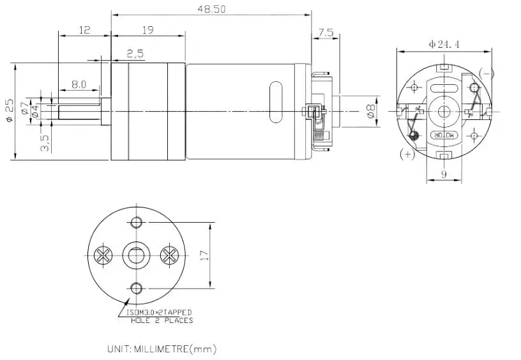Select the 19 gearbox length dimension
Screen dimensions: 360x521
(147, 29)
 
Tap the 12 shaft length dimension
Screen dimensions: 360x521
(84, 29)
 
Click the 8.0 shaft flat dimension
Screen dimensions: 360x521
(79, 84)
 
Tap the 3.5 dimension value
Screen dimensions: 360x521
(43, 142)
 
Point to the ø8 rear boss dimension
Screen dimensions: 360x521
(370, 111)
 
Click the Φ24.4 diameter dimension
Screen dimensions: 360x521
(443, 44)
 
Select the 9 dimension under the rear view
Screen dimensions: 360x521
(442, 173)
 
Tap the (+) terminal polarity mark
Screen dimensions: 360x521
(406, 154)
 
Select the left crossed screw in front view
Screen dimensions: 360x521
(102, 256)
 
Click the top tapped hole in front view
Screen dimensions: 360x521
(135, 223)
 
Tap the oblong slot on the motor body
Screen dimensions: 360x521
(276, 102)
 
